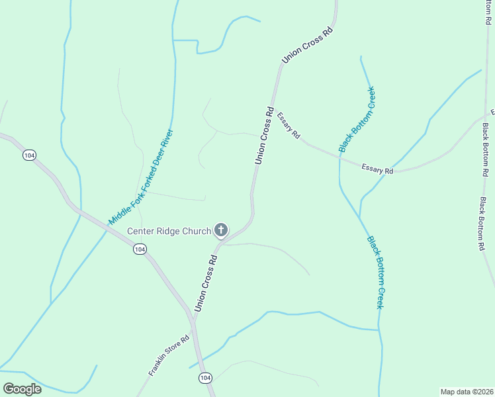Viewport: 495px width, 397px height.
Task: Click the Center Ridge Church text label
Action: (169, 231)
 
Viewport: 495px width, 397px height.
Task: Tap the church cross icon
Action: (221, 230)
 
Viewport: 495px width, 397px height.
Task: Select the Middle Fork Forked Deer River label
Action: (140, 175)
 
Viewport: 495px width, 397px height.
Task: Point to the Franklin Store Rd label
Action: (169, 355)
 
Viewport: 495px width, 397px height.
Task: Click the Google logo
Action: (22, 388)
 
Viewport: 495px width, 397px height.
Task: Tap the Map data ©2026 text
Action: (467, 391)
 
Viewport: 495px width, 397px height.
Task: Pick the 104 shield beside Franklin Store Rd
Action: (205, 377)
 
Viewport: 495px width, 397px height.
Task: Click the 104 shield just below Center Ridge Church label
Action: (139, 249)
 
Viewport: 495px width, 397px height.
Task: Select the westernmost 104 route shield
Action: (28, 155)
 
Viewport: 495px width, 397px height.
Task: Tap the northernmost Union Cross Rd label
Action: (306, 46)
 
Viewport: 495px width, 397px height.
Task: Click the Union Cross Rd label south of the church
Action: (206, 283)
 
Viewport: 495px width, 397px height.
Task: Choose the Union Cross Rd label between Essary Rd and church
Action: (264, 135)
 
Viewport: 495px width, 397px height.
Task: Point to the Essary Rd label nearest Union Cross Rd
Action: (289, 126)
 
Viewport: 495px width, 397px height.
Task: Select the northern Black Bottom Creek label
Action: (357, 119)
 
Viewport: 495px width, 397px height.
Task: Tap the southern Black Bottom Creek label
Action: (375, 272)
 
